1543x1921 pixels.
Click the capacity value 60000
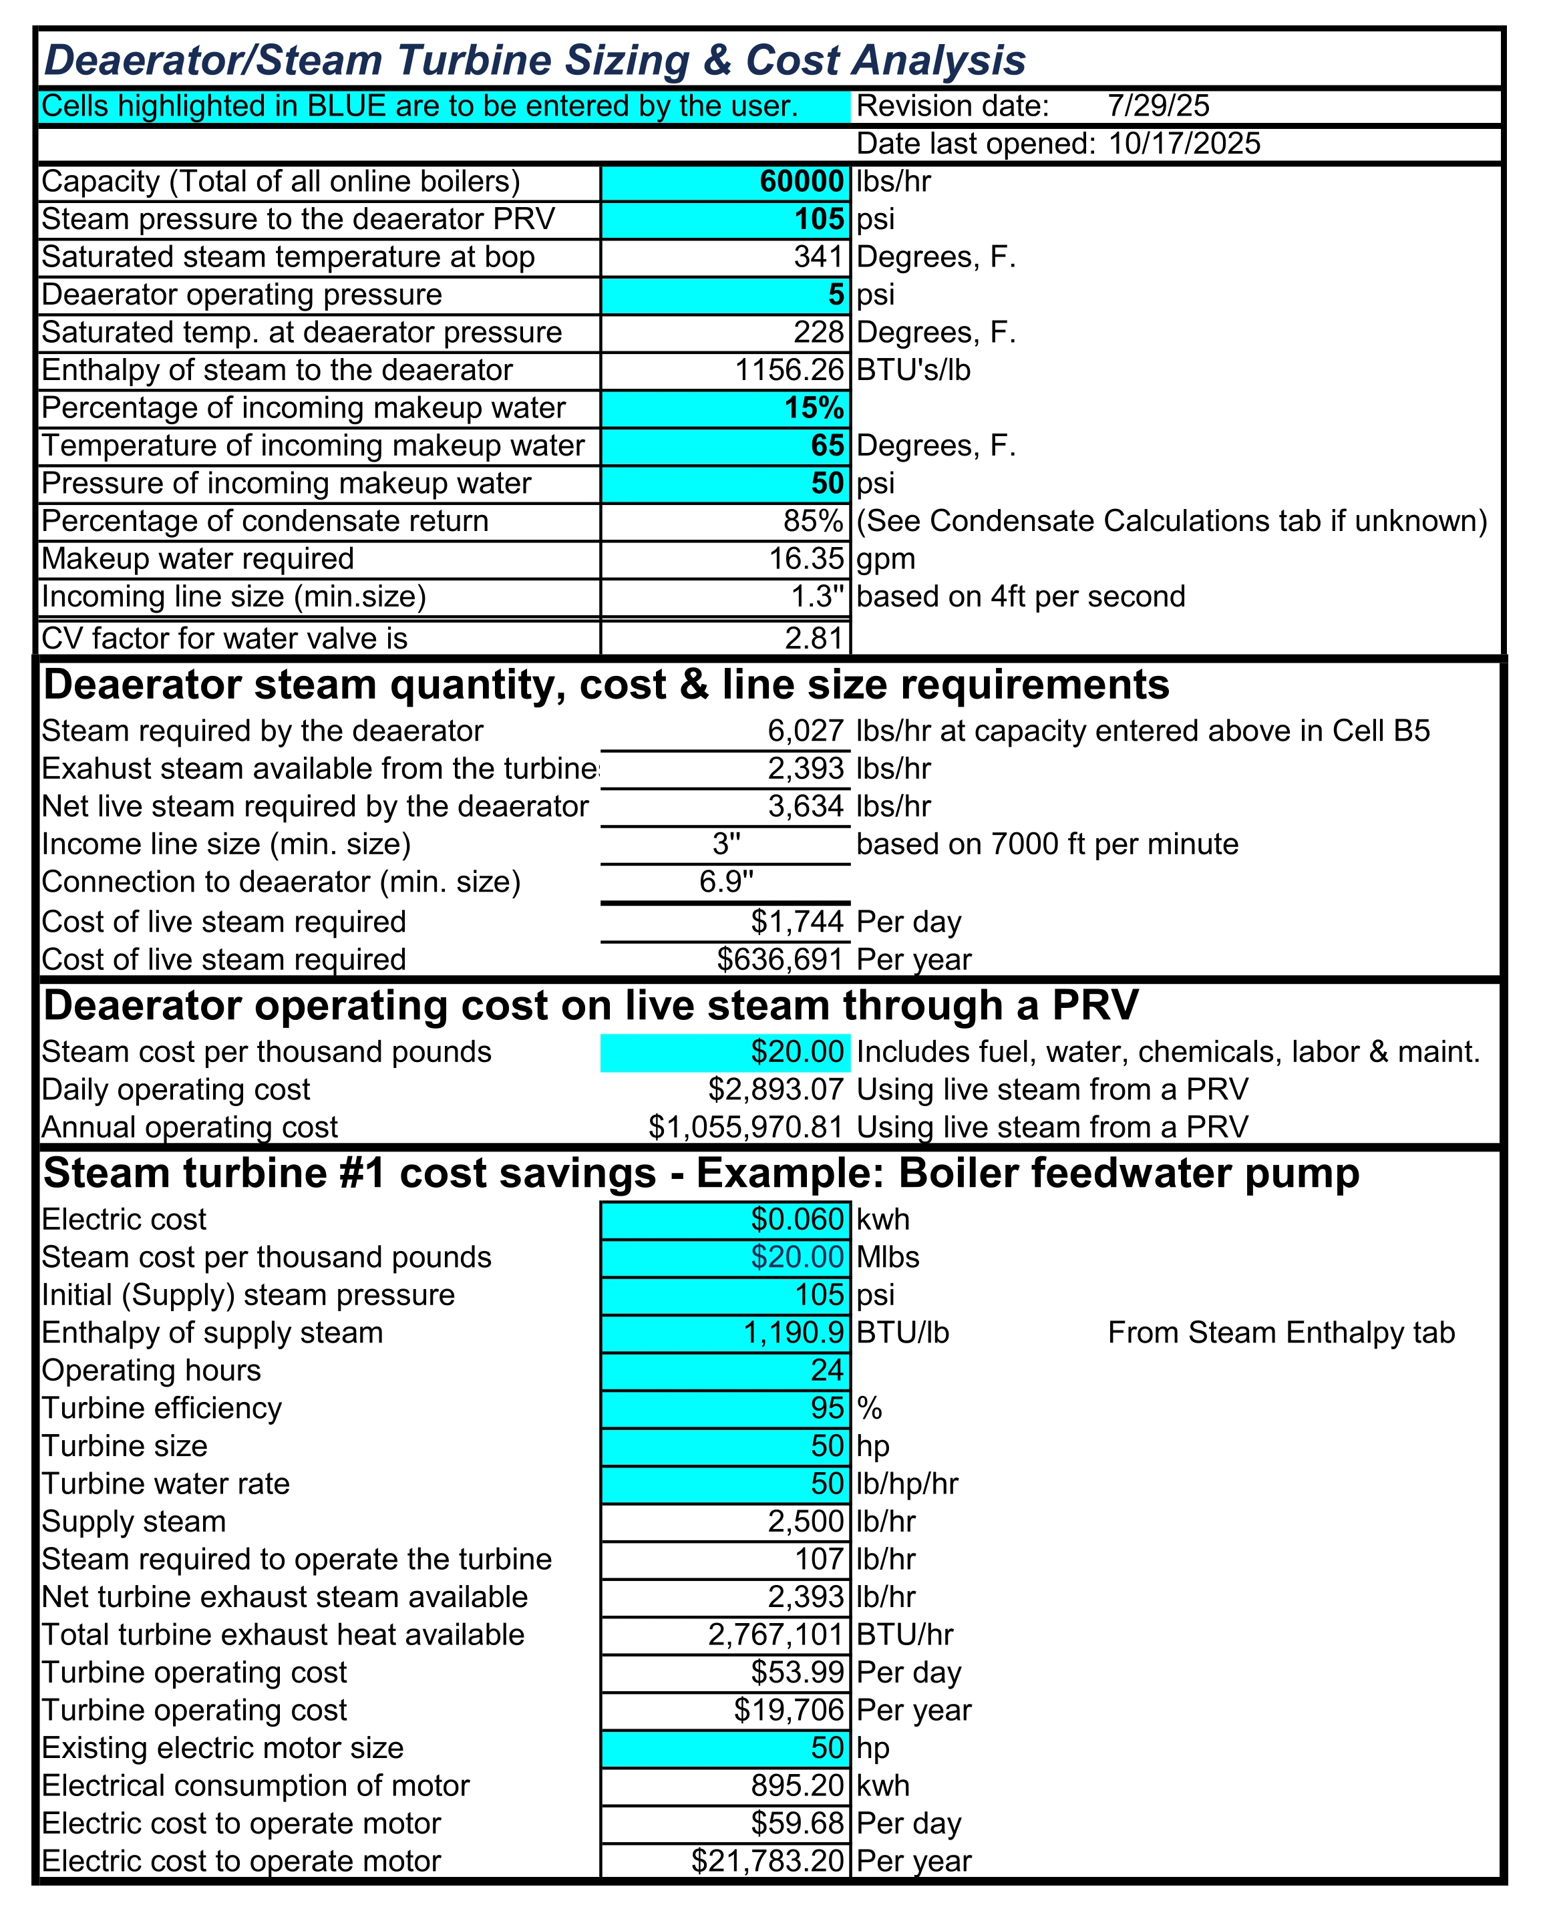click(x=801, y=182)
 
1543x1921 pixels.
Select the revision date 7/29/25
click(x=1158, y=106)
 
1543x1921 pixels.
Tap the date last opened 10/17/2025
click(x=1184, y=144)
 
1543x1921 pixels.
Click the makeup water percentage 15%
click(x=814, y=408)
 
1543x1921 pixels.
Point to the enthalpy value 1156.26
click(x=788, y=371)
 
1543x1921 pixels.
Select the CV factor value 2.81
click(x=814, y=639)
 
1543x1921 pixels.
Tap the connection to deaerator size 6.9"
click(x=726, y=882)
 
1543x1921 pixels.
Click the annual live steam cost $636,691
click(x=780, y=960)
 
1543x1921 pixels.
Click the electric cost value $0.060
click(x=796, y=1220)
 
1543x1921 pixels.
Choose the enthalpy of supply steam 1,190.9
click(x=793, y=1333)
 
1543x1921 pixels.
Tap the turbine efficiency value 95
click(x=827, y=1409)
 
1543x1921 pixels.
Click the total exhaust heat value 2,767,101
click(x=775, y=1635)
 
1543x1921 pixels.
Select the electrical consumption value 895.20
click(x=796, y=1787)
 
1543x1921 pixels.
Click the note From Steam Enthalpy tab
click(x=1281, y=1333)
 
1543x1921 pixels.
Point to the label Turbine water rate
click(x=166, y=1484)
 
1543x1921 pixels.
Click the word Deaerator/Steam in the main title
click(x=214, y=61)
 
